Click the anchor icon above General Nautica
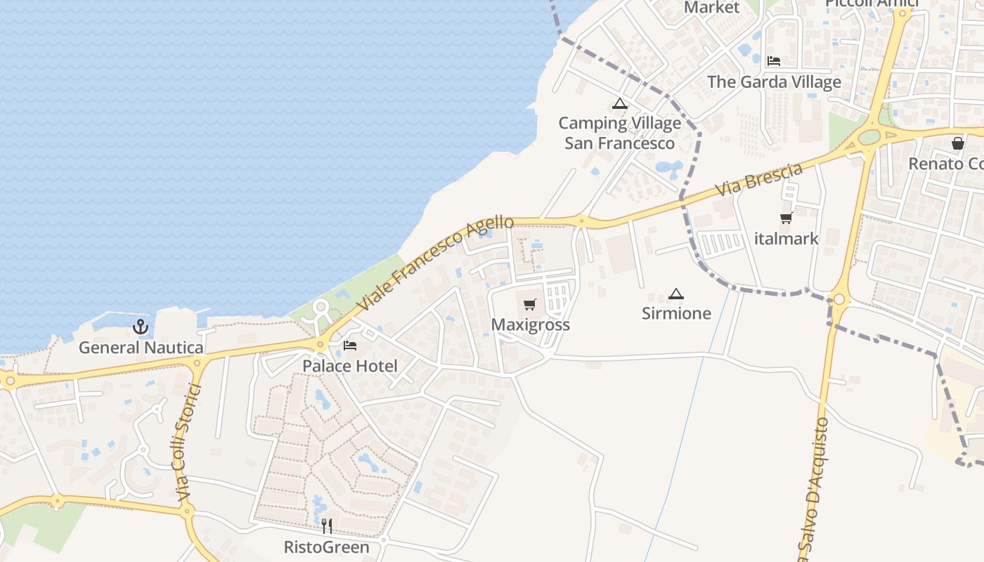pyautogui.click(x=141, y=326)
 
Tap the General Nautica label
pyautogui.click(x=141, y=347)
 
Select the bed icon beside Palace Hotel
pyautogui.click(x=350, y=345)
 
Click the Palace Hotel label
pyautogui.click(x=350, y=366)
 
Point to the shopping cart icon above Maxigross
pyautogui.click(x=530, y=304)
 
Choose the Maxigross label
pyautogui.click(x=530, y=325)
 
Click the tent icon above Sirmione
pyautogui.click(x=676, y=294)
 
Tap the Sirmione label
pyautogui.click(x=676, y=313)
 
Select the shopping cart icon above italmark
pyautogui.click(x=786, y=218)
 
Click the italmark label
pyautogui.click(x=786, y=239)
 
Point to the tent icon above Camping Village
pyautogui.click(x=619, y=104)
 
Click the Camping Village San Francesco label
pyautogui.click(x=619, y=133)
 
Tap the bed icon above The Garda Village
pyautogui.click(x=774, y=61)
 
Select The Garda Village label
pyautogui.click(x=774, y=81)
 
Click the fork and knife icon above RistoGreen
pyautogui.click(x=327, y=526)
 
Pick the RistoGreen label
pyautogui.click(x=327, y=547)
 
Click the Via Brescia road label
pyautogui.click(x=759, y=180)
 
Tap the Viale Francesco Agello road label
pyautogui.click(x=436, y=263)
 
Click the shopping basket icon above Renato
pyautogui.click(x=957, y=143)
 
